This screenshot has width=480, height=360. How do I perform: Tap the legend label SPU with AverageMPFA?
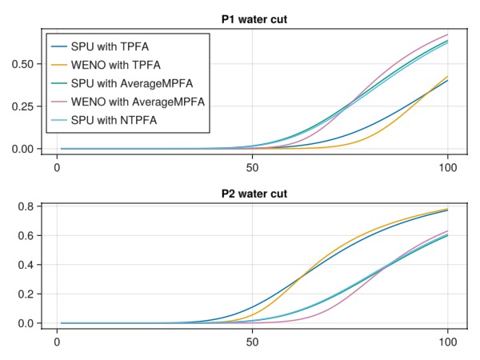click(x=131, y=84)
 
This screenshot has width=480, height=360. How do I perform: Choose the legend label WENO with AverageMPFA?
click(x=138, y=102)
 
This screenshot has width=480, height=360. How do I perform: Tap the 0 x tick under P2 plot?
click(x=57, y=341)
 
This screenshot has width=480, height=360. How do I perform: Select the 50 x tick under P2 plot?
click(x=253, y=341)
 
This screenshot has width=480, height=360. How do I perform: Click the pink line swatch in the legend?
click(x=58, y=102)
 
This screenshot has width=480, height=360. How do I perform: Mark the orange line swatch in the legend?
click(x=58, y=66)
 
